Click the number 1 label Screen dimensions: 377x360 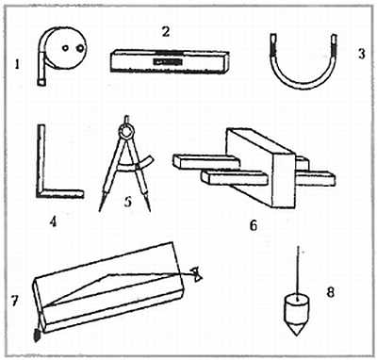point(17,65)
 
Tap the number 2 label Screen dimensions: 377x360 point(166,32)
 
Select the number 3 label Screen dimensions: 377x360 point(362,54)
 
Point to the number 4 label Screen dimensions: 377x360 point(53,222)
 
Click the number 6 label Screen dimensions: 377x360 point(254,225)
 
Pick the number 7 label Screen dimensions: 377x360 point(13,301)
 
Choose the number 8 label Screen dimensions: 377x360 point(331,292)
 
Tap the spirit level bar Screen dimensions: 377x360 point(170,61)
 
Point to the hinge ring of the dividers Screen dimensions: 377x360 point(126,132)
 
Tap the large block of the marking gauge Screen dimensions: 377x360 point(261,168)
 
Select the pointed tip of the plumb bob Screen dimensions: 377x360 point(297,335)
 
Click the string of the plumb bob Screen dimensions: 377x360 point(298,271)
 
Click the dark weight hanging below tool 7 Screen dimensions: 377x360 point(37,335)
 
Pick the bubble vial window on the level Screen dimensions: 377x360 point(167,62)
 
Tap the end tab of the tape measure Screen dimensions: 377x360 point(41,82)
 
